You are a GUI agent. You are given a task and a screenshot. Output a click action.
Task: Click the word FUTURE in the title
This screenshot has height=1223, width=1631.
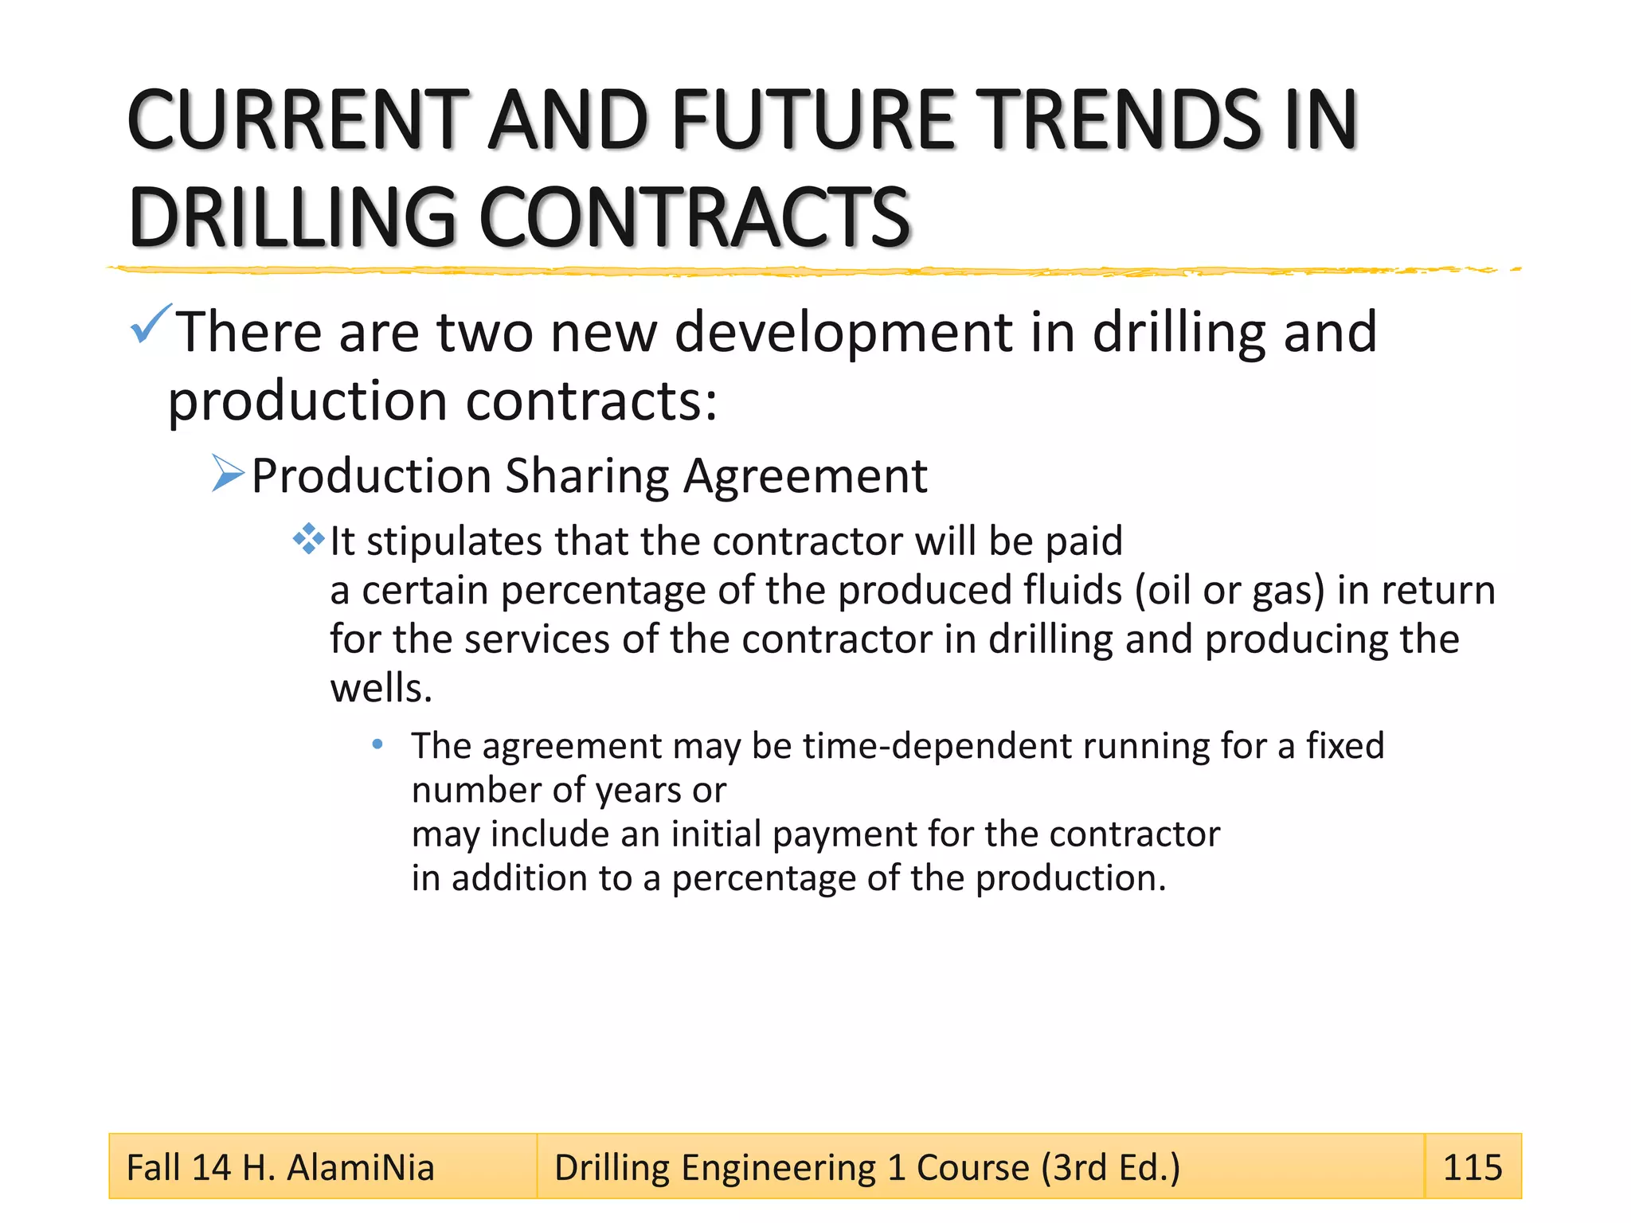coord(813,120)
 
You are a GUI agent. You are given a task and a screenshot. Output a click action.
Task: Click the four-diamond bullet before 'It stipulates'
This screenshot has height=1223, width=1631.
coord(308,539)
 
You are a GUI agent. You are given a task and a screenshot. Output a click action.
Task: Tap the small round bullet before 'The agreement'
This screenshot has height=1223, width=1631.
coord(377,744)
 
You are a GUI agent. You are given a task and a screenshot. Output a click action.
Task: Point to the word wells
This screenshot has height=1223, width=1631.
coord(381,688)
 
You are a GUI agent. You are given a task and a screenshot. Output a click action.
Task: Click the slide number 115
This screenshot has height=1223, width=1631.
coord(1472,1167)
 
